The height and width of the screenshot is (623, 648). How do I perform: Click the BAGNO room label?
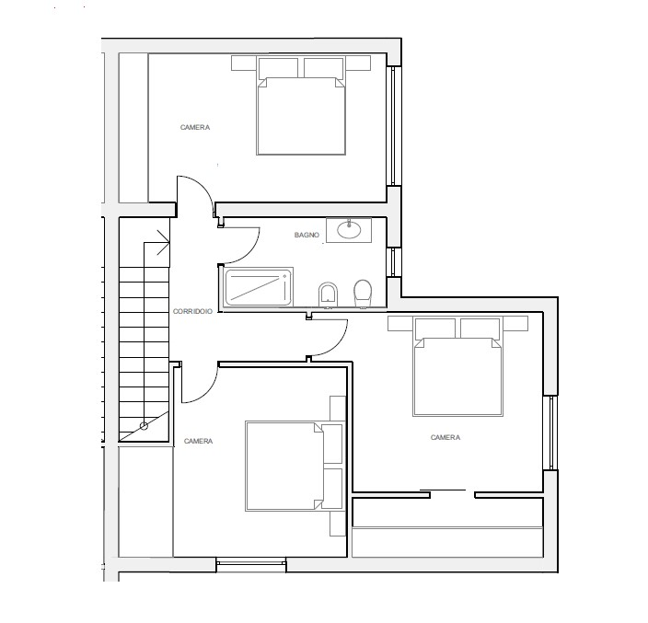click(307, 235)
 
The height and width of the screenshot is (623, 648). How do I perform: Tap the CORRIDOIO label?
click(192, 311)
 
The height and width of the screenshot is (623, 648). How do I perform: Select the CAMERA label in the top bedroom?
click(195, 127)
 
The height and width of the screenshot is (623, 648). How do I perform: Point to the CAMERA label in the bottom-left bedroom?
click(199, 441)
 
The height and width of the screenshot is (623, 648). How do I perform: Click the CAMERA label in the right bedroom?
click(445, 437)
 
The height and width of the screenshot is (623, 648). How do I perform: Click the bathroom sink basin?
click(349, 230)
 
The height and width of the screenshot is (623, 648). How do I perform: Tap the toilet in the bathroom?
click(363, 294)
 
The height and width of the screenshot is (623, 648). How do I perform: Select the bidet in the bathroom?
click(328, 295)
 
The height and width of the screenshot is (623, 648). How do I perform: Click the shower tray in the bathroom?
click(258, 287)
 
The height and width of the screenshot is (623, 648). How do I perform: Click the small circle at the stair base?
click(144, 425)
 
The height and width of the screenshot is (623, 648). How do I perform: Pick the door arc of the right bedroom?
click(337, 346)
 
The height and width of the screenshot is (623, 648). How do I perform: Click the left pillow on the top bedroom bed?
click(278, 68)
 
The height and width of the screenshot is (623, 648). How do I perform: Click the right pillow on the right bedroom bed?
click(480, 329)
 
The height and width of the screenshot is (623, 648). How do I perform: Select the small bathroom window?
click(394, 262)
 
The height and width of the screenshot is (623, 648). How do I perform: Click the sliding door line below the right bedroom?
click(443, 490)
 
